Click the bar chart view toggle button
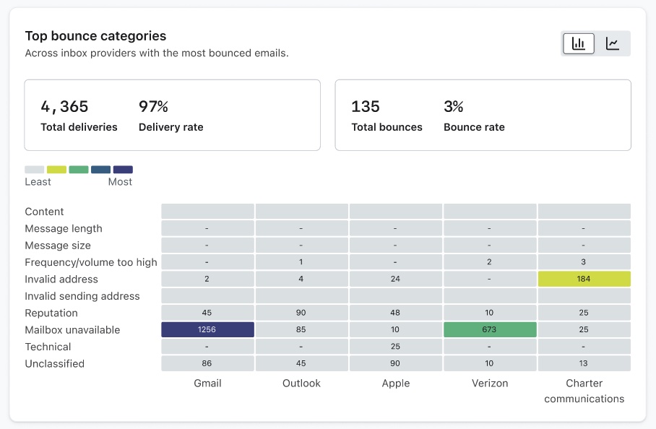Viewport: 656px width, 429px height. (x=579, y=43)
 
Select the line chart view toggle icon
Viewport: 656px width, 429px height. (x=613, y=43)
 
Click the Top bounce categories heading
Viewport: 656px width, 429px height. (x=95, y=35)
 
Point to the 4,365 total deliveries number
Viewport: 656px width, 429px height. (x=64, y=107)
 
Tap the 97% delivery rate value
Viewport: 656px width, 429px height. (x=153, y=107)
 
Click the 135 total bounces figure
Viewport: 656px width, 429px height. (x=366, y=107)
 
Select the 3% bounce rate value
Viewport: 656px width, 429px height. (x=454, y=107)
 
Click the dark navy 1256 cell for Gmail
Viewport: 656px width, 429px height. (x=207, y=329)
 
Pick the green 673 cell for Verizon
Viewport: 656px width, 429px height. (x=490, y=329)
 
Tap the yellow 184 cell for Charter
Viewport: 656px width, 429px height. (x=584, y=279)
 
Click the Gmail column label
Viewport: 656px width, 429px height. (x=207, y=383)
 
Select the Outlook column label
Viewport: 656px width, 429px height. (x=301, y=383)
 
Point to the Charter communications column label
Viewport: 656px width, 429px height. (x=584, y=391)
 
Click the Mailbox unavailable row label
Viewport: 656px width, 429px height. (x=72, y=330)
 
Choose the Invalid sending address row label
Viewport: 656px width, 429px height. (x=82, y=296)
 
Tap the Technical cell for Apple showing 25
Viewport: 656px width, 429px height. (x=395, y=347)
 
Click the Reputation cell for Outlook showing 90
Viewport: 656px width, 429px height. (x=301, y=313)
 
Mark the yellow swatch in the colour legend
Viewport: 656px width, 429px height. (x=56, y=170)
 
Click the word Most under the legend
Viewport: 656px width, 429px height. (x=120, y=182)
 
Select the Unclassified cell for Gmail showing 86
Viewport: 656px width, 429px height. (x=207, y=363)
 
